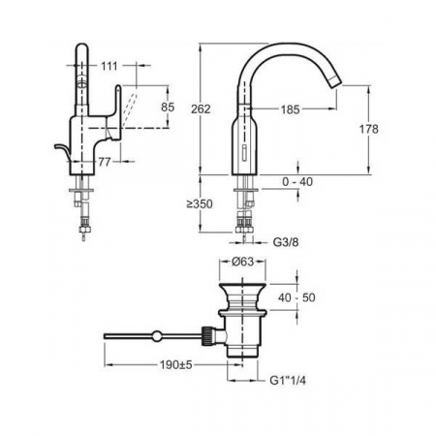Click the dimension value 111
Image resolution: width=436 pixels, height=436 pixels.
coord(109,67)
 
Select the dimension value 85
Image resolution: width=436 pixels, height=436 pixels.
coord(168,107)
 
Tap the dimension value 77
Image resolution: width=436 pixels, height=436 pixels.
coord(105,162)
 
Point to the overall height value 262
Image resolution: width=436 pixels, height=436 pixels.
coord(201,109)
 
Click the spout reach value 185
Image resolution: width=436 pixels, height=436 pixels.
coord(290,109)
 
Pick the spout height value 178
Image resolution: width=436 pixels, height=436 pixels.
coord(368,129)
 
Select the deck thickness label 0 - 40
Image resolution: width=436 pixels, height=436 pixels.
coord(297,182)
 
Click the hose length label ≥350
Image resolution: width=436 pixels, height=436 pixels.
coord(200,204)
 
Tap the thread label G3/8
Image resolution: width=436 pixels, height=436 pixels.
coord(286,242)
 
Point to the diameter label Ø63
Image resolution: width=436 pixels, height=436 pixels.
coord(242,262)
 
